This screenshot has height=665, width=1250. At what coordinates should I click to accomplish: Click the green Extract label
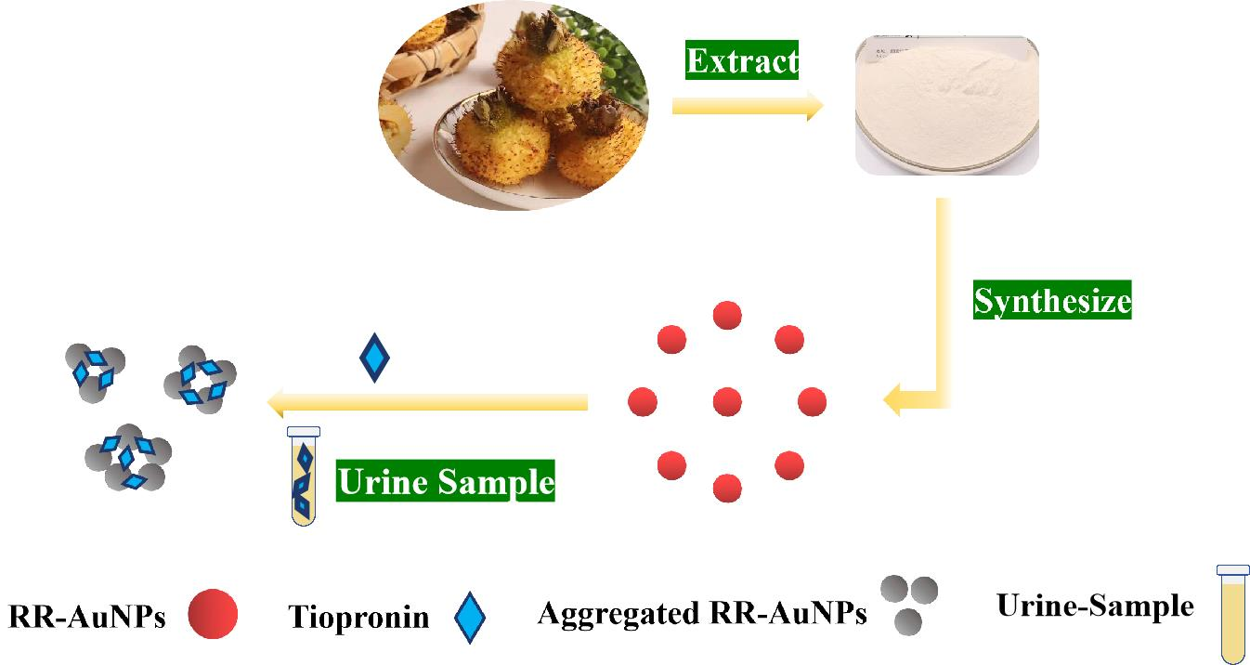741,61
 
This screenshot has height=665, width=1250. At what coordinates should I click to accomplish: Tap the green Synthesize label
1051,301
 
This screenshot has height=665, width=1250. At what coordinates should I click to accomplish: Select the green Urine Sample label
445,482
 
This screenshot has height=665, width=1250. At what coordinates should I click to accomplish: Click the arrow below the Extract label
747,107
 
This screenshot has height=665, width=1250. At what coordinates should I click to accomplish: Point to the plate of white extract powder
946,104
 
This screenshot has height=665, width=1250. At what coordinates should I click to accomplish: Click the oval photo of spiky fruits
514,104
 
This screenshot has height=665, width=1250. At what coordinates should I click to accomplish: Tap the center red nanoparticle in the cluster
726,402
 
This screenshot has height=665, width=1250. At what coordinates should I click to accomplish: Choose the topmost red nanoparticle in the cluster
726,316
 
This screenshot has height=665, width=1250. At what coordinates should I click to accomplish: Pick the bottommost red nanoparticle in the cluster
726,488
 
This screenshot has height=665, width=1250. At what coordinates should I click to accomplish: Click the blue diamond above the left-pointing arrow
374,357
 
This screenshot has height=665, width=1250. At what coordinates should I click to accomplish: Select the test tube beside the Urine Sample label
304,476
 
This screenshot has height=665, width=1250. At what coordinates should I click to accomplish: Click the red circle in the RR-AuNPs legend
213,616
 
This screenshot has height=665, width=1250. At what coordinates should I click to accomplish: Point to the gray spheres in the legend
908,603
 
